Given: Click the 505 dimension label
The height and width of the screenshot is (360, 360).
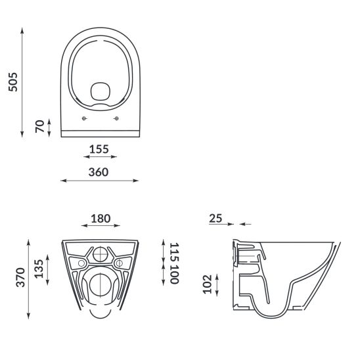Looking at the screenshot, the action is click(x=13, y=82).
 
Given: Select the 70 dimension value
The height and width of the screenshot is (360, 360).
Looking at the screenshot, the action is click(x=39, y=126).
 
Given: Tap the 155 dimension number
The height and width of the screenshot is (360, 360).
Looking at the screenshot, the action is click(x=99, y=149).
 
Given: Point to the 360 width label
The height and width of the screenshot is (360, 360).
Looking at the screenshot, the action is click(x=99, y=172).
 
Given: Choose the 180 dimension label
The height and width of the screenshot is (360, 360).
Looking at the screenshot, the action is click(x=101, y=219).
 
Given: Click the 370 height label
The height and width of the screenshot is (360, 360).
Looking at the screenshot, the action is click(x=20, y=277).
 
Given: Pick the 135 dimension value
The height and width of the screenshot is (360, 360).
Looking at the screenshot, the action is click(x=39, y=269).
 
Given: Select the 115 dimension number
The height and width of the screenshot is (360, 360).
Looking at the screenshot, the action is click(x=174, y=252).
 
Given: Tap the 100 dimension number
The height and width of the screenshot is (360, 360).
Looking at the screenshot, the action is click(x=174, y=274).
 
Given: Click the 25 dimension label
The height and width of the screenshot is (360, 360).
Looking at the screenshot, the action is click(x=215, y=218).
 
